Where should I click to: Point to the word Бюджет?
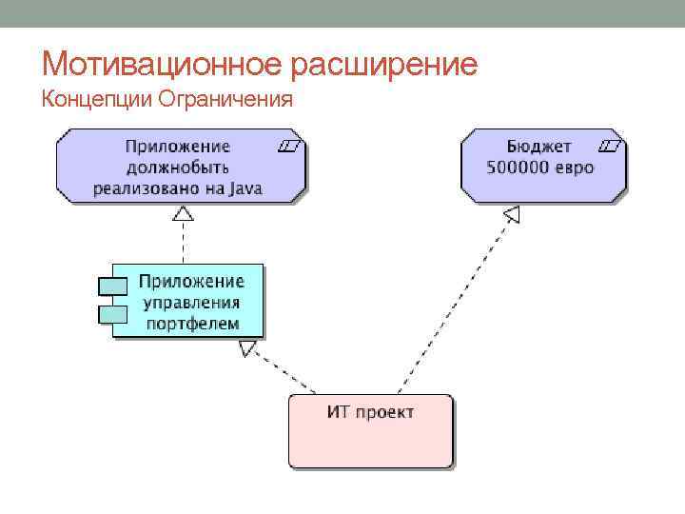[x=539, y=147]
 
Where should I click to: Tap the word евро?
[x=576, y=168]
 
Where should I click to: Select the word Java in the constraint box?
[x=246, y=188]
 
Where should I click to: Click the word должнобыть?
[x=177, y=168]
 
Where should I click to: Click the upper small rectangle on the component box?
[x=111, y=285]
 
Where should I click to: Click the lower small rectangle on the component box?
[x=111, y=312]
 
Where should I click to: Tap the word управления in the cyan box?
[x=191, y=302]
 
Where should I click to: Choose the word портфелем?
[x=191, y=323]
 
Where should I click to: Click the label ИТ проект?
[x=370, y=411]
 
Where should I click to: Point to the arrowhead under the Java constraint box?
[x=183, y=213]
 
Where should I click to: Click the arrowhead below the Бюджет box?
[x=512, y=214]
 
